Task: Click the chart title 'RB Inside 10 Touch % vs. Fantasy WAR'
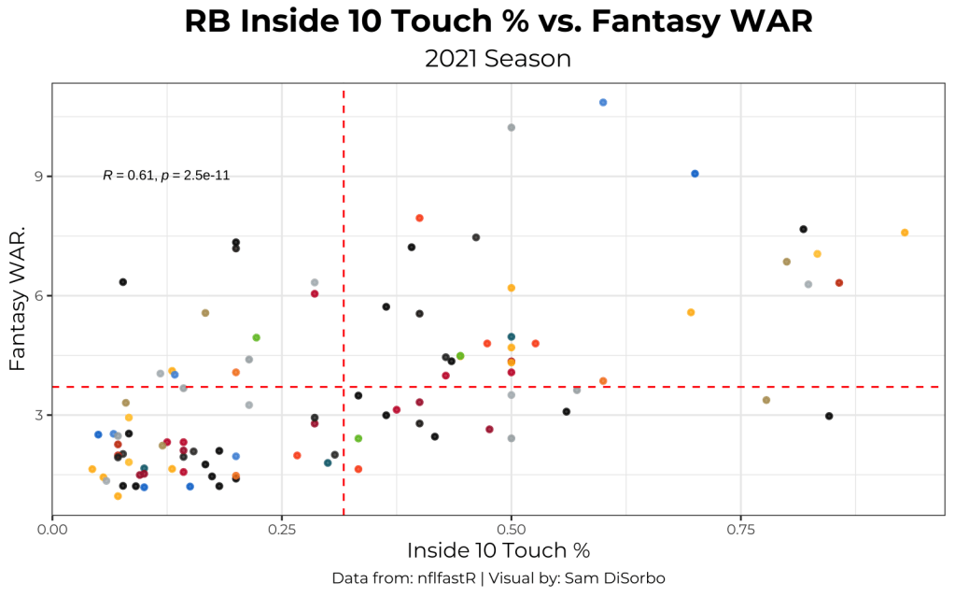(x=498, y=22)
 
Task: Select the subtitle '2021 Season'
(x=498, y=59)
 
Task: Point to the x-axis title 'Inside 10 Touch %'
(x=498, y=549)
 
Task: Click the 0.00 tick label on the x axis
(x=52, y=528)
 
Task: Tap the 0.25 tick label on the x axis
(x=282, y=528)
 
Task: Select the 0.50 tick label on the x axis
(x=512, y=528)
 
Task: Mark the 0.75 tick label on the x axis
(x=741, y=528)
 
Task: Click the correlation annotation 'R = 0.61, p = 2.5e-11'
(x=166, y=176)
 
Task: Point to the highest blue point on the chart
(x=603, y=102)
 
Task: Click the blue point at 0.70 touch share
(x=695, y=174)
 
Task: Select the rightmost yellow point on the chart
(x=905, y=232)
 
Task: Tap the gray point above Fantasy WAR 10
(x=511, y=127)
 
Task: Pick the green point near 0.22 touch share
(x=256, y=337)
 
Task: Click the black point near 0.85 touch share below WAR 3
(x=829, y=416)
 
